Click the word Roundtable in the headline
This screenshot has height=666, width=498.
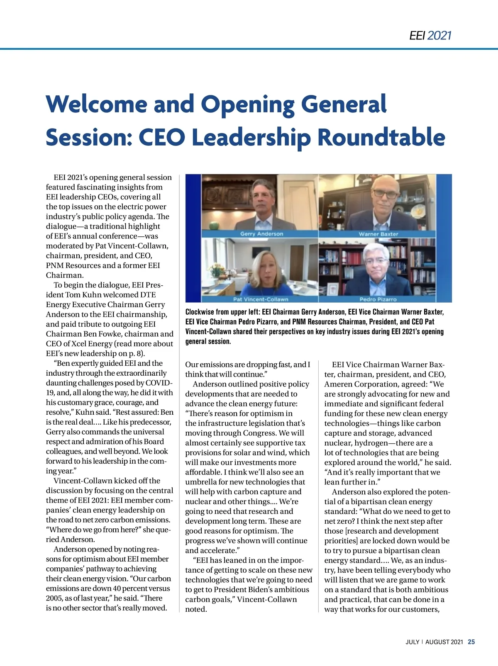pyautogui.click(x=381, y=137)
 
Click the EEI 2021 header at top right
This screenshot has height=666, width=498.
pyautogui.click(x=430, y=36)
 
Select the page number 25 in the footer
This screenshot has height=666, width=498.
pyautogui.click(x=471, y=642)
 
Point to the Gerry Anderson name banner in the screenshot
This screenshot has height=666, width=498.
pyautogui.click(x=261, y=234)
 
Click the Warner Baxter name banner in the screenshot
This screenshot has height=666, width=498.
pyautogui.click(x=378, y=234)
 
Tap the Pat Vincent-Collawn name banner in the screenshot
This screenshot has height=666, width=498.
pyautogui.click(x=261, y=299)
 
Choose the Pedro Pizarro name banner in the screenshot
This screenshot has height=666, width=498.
pyautogui.click(x=378, y=299)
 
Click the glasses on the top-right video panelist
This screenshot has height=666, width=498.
pyautogui.click(x=385, y=193)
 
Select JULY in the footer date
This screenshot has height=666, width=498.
pyautogui.click(x=413, y=642)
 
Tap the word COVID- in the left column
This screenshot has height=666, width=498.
pyautogui.click(x=159, y=383)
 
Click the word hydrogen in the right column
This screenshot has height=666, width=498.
pyautogui.click(x=371, y=443)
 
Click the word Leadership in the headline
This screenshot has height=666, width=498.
pyautogui.click(x=251, y=137)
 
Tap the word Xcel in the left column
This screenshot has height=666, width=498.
pyautogui.click(x=79, y=343)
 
